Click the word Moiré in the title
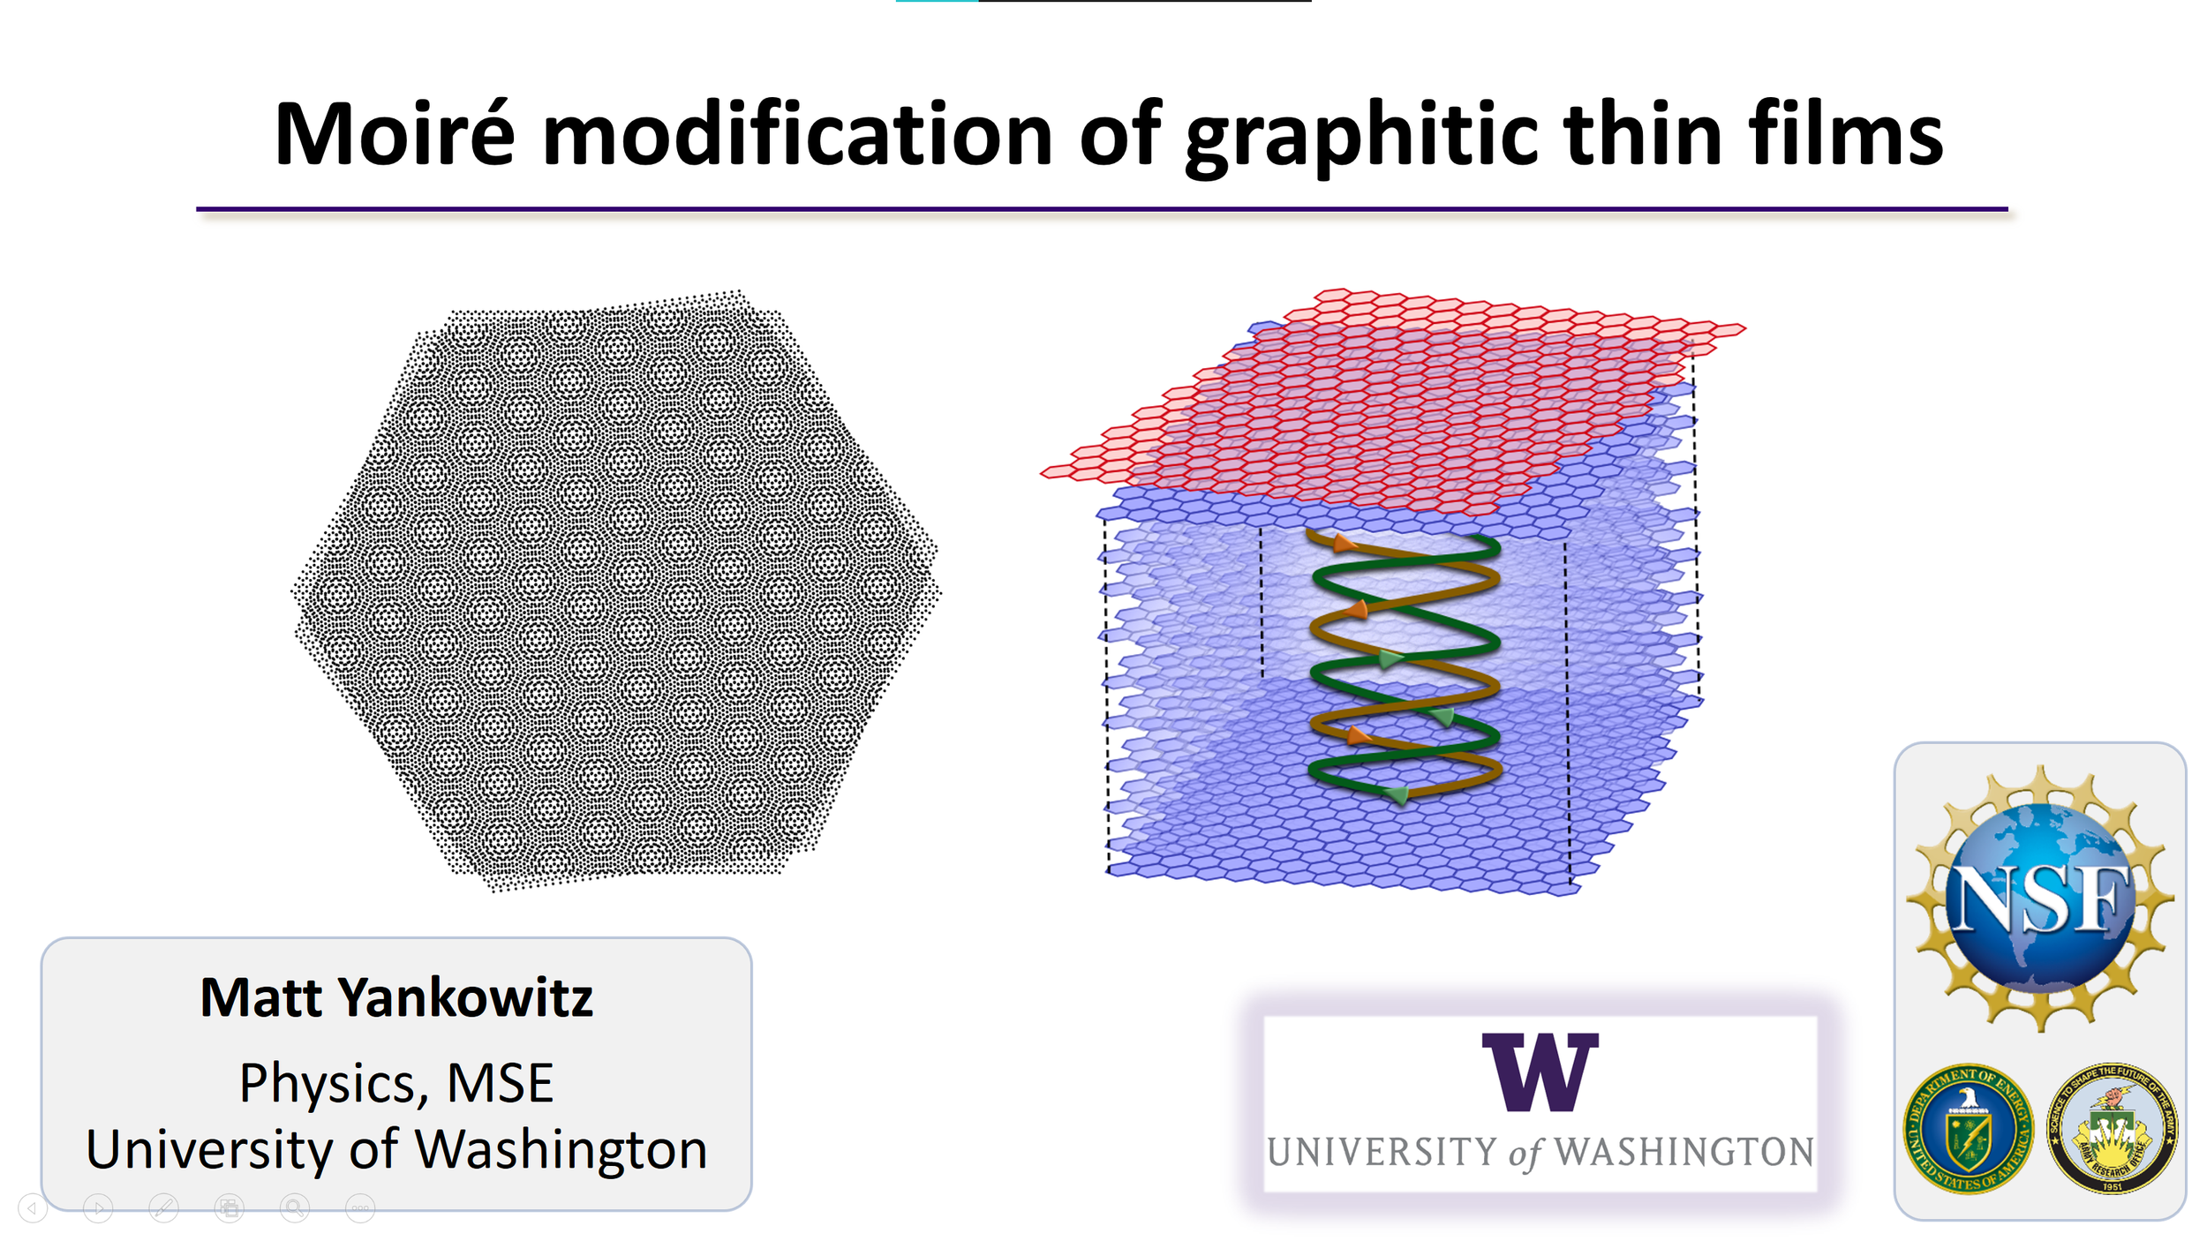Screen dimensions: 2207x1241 point(395,134)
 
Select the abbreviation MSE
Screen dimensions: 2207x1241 point(500,1083)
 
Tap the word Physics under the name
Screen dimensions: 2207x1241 point(334,1085)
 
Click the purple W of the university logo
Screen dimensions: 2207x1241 point(1540,1072)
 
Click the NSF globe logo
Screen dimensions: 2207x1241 point(2039,899)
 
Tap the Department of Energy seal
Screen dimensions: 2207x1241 point(1968,1128)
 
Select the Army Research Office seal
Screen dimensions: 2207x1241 point(2112,1128)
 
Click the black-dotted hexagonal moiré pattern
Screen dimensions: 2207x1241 point(616,590)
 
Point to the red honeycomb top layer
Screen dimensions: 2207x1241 point(1392,399)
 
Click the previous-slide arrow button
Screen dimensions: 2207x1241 point(33,1207)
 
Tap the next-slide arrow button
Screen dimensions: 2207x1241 point(98,1207)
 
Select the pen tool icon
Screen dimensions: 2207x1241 point(163,1207)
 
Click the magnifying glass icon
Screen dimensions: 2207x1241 point(295,1207)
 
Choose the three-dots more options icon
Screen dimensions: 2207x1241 point(360,1207)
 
